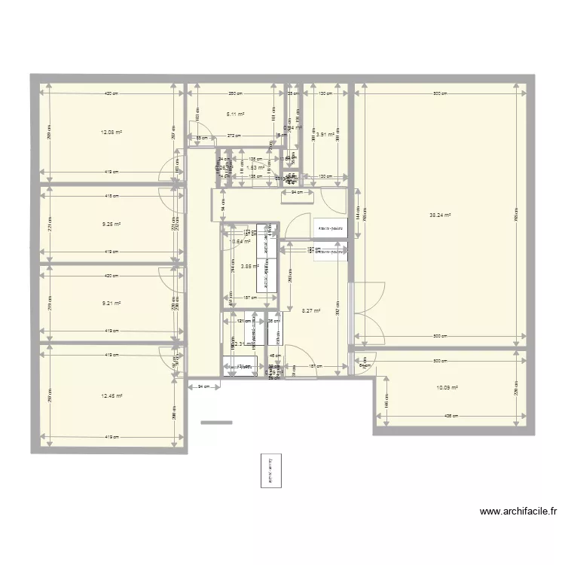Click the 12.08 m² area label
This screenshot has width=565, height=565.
click(111, 132)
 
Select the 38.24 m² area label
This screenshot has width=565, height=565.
click(439, 215)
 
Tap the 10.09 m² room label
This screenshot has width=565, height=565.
click(447, 389)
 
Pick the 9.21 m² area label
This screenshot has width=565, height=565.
click(111, 304)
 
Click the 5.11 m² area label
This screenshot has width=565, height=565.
click(237, 115)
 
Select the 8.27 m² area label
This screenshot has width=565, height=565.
click(311, 310)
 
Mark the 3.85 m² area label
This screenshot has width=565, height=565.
click(249, 265)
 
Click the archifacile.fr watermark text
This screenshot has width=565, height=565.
click(519, 512)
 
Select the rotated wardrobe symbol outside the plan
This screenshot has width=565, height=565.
click(268, 472)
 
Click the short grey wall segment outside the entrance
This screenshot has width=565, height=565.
click(217, 423)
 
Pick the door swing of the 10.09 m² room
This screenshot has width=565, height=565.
click(367, 362)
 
